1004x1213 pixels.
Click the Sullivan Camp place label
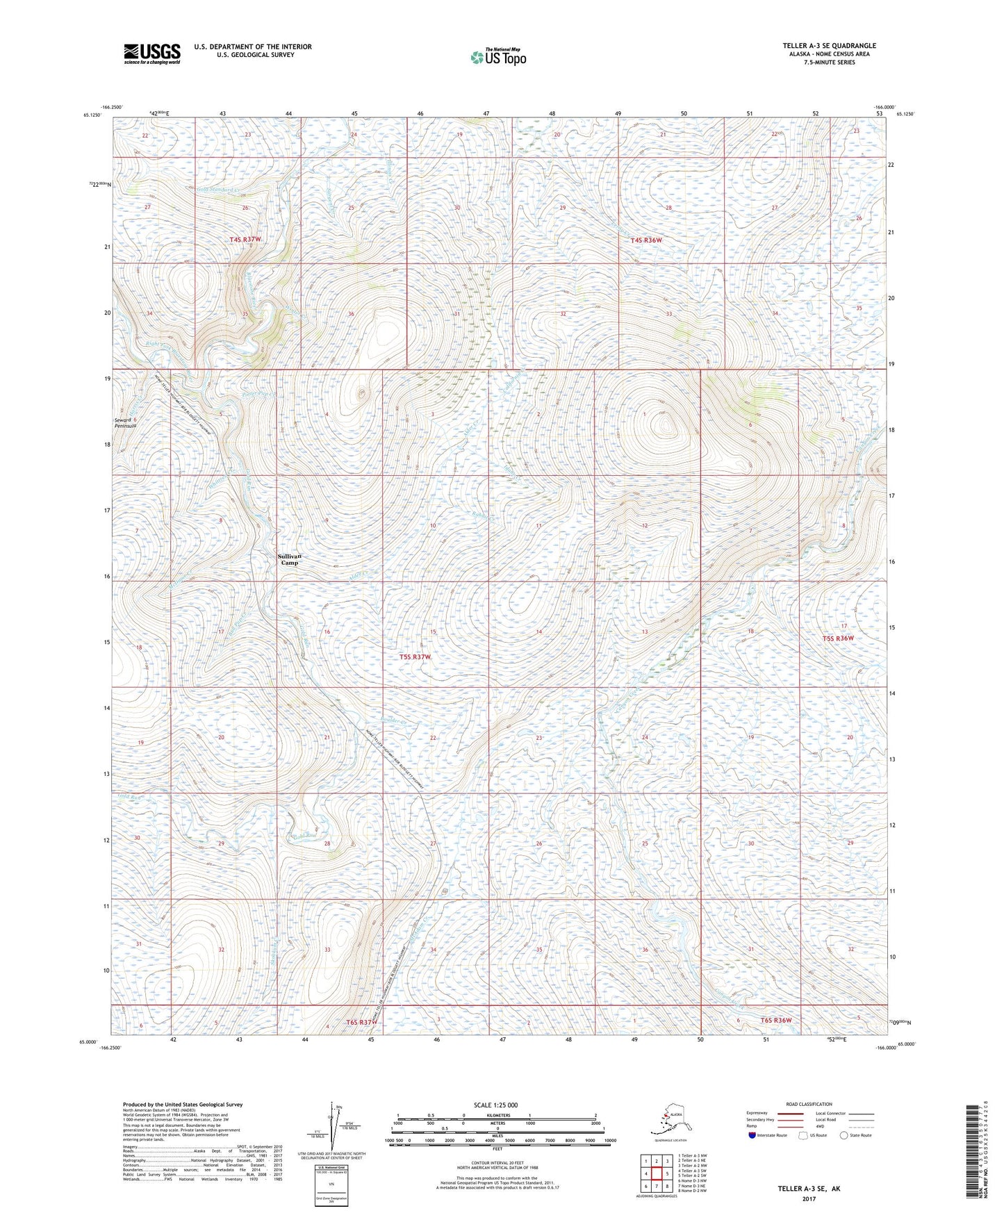tap(290, 559)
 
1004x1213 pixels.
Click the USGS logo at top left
tap(151, 53)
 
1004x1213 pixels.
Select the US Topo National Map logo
tap(497, 56)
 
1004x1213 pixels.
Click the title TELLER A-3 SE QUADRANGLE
tap(829, 46)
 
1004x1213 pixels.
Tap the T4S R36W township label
tap(646, 240)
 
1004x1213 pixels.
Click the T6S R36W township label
tap(776, 1020)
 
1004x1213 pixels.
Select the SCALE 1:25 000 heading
tap(496, 1105)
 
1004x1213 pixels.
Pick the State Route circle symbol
tap(844, 1135)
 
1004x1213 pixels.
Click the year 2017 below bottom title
tap(809, 1198)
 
